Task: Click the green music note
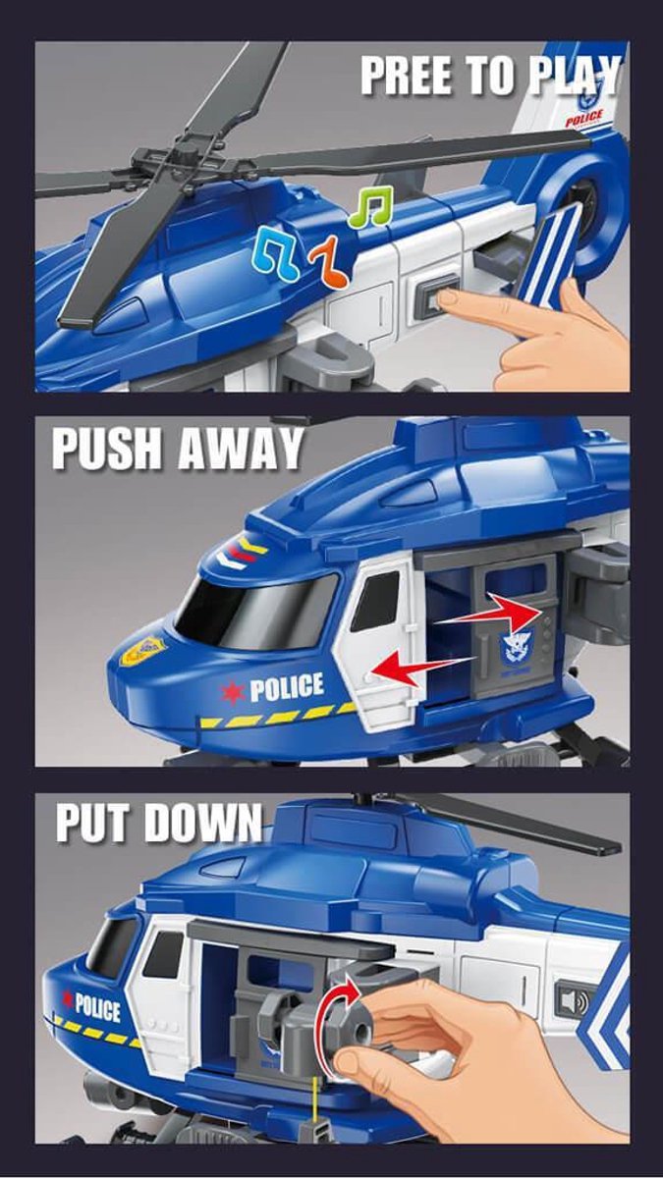[371, 207]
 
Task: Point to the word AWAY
[241, 449]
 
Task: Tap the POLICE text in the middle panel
[287, 687]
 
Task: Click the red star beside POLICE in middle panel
[232, 693]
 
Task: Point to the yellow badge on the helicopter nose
[143, 651]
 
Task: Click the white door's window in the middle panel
[375, 601]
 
